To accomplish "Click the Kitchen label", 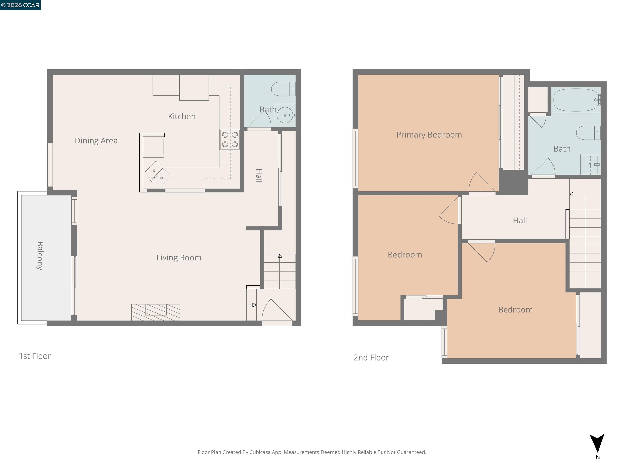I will tap(182, 116).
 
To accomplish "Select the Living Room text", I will tap(179, 258).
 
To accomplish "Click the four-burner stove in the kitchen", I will tap(230, 140).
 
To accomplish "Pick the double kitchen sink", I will tap(157, 174).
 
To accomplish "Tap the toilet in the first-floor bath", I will tap(283, 89).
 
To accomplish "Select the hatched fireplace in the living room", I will tap(156, 312).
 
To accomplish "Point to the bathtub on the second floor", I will tap(576, 100).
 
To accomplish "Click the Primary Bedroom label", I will tap(429, 134).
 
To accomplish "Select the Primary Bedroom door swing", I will tap(481, 183).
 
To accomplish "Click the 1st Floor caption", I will tap(35, 356).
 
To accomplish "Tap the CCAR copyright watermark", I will tap(20, 5).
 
